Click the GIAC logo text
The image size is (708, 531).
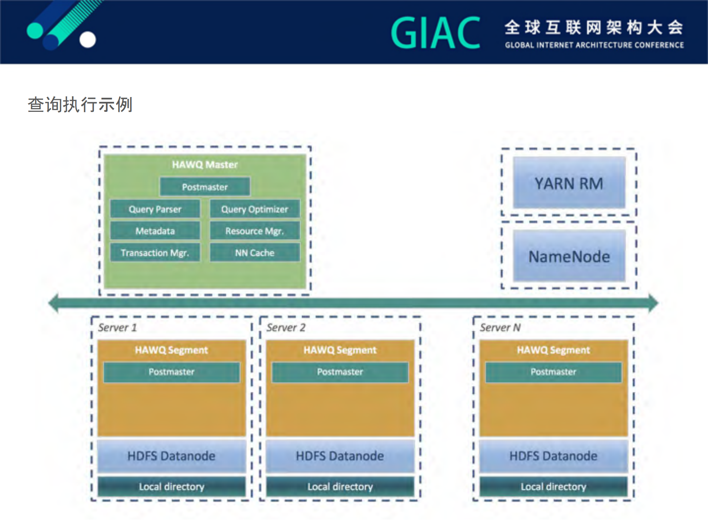435,33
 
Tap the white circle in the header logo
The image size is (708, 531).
88,40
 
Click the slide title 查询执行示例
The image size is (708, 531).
80,104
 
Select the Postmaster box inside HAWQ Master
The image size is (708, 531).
205,187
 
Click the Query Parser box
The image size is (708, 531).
155,209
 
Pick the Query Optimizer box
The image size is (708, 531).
255,209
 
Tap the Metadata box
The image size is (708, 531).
155,231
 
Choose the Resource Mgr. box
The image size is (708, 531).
255,231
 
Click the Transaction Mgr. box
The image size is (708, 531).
155,253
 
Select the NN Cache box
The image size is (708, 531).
255,253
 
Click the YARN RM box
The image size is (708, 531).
569,183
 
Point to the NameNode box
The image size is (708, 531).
569,256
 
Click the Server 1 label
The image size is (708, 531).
117,327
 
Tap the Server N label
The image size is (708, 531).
500,327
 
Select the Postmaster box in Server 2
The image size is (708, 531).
340,372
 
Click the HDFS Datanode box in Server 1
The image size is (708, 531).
171,456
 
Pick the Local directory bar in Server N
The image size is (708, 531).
553,487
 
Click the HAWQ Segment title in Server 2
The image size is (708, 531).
340,350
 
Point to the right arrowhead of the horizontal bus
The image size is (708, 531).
653,303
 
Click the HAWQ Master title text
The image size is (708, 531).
205,165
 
